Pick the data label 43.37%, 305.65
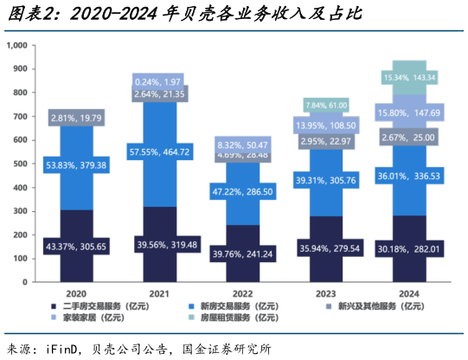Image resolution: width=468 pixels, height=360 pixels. (x=77, y=246)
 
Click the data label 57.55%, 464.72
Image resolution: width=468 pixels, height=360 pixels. (x=160, y=152)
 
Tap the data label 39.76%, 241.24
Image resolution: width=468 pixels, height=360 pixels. (x=243, y=254)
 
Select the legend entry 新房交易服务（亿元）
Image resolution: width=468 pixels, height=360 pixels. (x=234, y=305)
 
